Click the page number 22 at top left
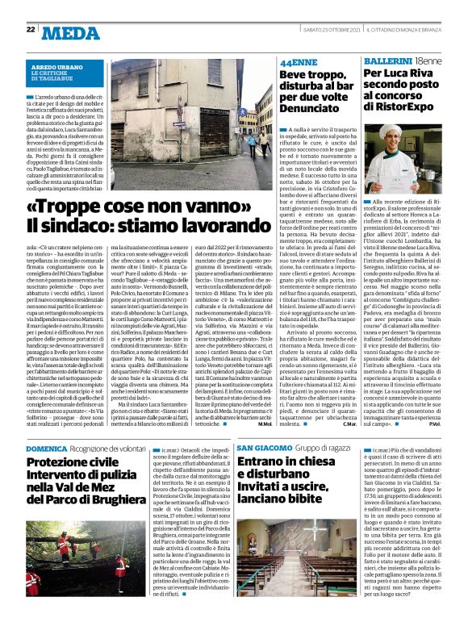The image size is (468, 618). click(30, 30)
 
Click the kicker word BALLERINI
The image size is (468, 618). click(384, 61)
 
